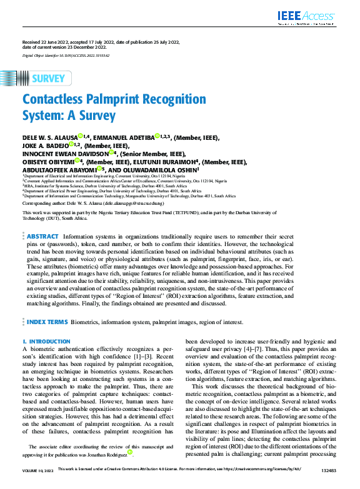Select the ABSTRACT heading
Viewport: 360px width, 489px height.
coord(42,237)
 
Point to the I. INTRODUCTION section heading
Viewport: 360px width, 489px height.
coord(46,342)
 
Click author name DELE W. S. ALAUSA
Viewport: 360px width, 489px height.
coord(50,137)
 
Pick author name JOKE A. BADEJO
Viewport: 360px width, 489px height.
coord(44,145)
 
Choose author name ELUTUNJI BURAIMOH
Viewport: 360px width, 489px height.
coord(164,161)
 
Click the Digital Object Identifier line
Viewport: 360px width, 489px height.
coord(66,56)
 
